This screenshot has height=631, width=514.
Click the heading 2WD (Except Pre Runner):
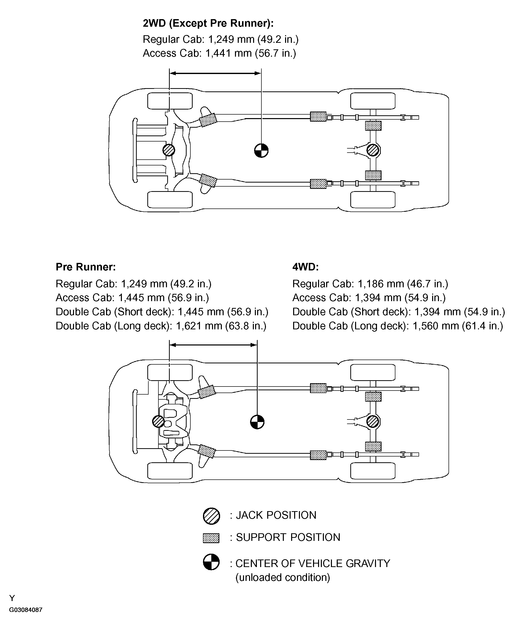pyautogui.click(x=208, y=23)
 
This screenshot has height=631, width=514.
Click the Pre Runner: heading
pyautogui.click(x=86, y=267)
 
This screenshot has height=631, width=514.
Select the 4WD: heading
pyautogui.click(x=305, y=267)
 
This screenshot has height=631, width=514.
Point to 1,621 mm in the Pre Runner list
pyautogui.click(x=199, y=326)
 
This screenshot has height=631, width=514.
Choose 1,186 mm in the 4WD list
pyautogui.click(x=381, y=284)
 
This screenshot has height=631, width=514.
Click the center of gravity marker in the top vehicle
pyautogui.click(x=261, y=151)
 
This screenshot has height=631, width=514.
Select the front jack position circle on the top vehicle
pyautogui.click(x=169, y=150)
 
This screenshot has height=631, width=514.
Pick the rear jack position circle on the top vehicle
pyautogui.click(x=373, y=150)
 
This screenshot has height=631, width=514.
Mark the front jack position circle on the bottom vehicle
pyautogui.click(x=158, y=421)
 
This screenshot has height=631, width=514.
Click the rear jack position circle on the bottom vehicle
pyautogui.click(x=373, y=421)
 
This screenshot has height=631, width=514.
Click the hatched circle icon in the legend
pyautogui.click(x=211, y=516)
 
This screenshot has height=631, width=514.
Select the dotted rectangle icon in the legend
pyautogui.click(x=211, y=538)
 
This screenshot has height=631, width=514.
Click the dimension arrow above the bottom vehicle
pyautogui.click(x=213, y=345)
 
